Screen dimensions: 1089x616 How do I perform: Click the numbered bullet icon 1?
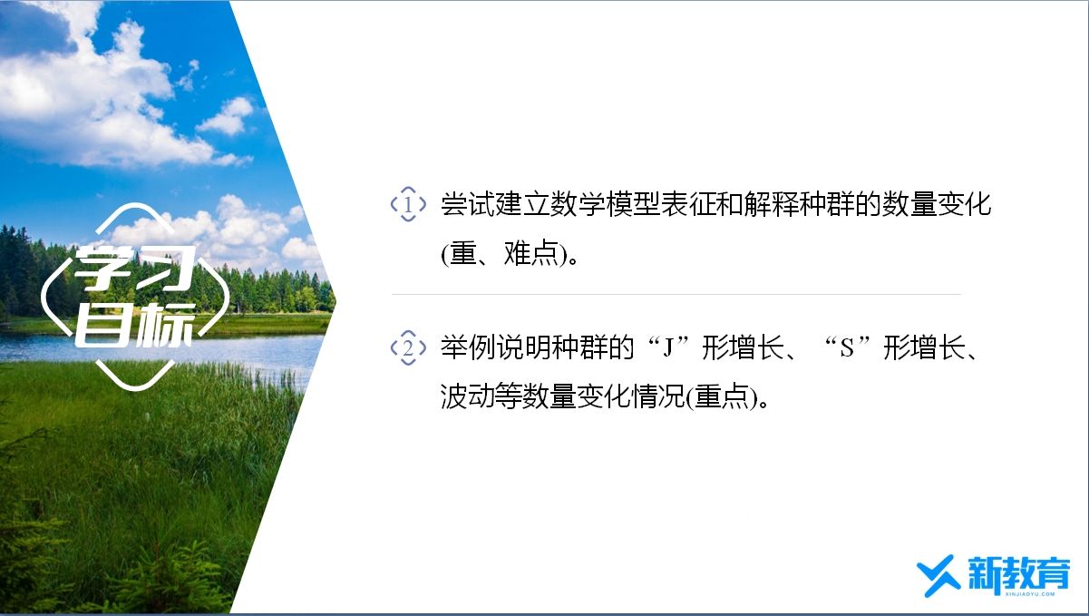[408, 204]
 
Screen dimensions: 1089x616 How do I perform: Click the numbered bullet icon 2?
[408, 347]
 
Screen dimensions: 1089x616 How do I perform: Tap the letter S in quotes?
[847, 348]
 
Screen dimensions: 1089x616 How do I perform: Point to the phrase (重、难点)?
[505, 253]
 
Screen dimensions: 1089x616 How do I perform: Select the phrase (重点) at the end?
[722, 396]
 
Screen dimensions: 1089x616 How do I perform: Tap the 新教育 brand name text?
[1019, 573]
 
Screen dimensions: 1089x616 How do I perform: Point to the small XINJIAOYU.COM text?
[1030, 594]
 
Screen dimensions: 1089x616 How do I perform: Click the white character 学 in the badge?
[103, 268]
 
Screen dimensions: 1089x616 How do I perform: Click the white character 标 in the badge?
[165, 325]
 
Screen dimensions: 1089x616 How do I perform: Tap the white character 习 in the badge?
[165, 268]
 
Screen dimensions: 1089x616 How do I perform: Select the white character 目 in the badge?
[103, 325]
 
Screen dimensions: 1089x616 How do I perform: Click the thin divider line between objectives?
[676, 294]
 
